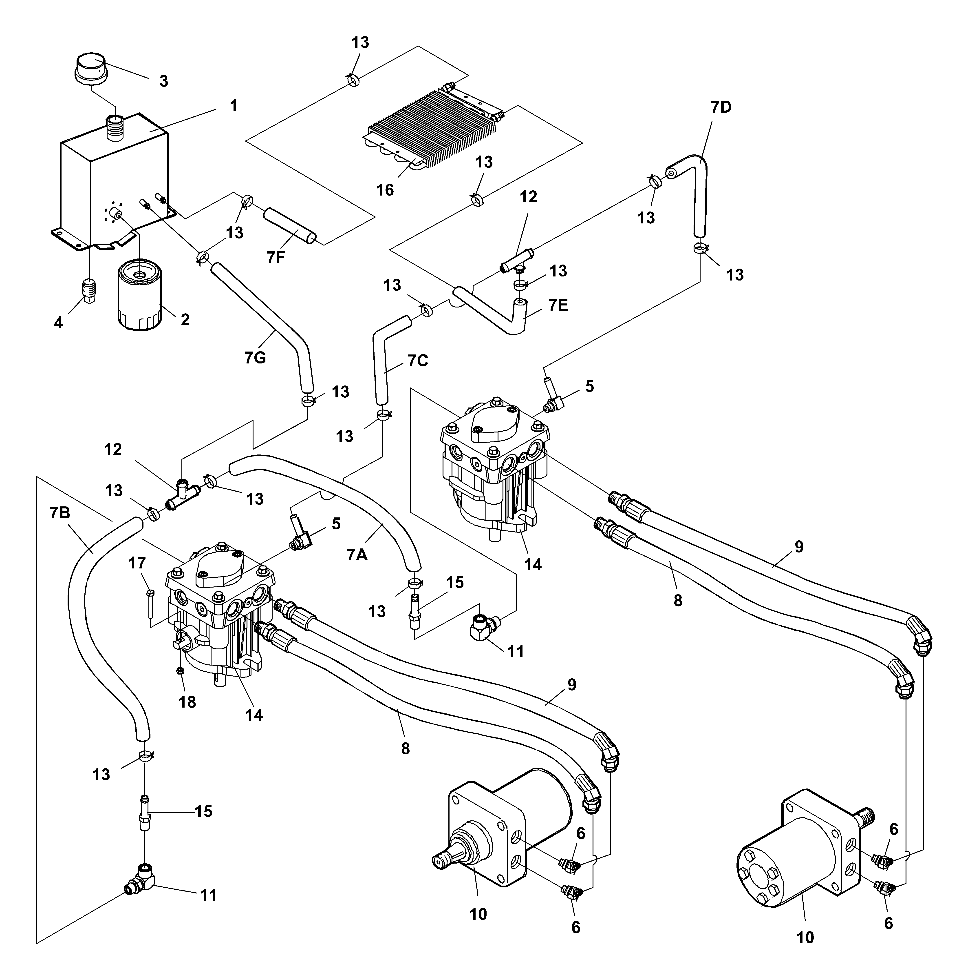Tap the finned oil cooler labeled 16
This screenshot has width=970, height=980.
click(x=431, y=127)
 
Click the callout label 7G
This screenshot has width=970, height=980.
click(x=255, y=358)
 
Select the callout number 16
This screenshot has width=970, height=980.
click(x=385, y=190)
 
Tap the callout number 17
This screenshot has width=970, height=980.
click(x=137, y=563)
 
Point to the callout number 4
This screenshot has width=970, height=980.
click(x=58, y=323)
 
